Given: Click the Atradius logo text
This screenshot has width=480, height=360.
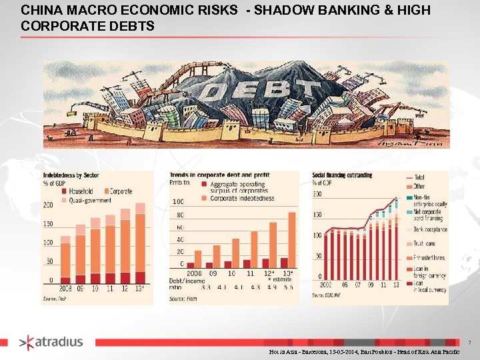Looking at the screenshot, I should [59, 342].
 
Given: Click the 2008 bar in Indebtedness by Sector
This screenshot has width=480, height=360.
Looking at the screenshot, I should [65, 260].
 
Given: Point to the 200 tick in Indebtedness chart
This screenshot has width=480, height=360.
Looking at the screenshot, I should [48, 205].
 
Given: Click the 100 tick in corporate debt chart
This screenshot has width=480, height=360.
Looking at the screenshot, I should [178, 201].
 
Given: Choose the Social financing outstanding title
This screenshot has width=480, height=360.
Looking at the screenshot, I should [342, 175].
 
